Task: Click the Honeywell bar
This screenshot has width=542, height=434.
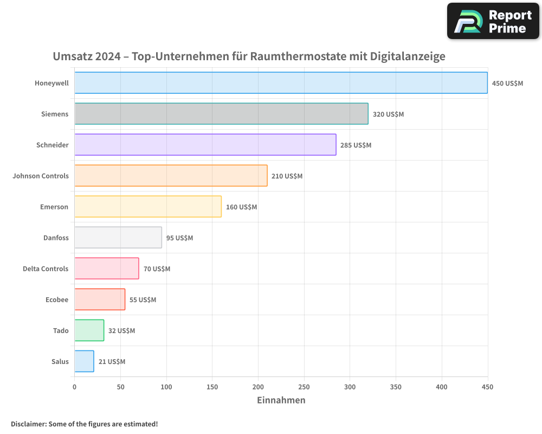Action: pos(281,83)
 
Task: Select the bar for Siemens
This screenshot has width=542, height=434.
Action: pos(221,114)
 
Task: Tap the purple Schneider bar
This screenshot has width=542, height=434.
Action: pos(205,145)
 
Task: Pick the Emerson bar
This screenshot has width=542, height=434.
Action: pos(148,207)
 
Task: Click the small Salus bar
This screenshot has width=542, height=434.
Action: pos(84,361)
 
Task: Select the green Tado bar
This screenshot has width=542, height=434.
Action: pos(89,330)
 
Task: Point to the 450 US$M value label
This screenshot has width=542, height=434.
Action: pos(507,84)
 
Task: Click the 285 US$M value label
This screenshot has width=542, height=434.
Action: pos(356,145)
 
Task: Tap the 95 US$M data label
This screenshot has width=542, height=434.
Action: pos(179,238)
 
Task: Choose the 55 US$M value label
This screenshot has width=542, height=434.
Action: pos(143,300)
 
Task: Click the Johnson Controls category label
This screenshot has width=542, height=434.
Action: pos(41,176)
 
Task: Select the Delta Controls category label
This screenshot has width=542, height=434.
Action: pos(46,269)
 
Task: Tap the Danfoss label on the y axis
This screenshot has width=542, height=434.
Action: pos(56,238)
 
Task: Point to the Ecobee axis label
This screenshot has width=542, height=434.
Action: pos(57,299)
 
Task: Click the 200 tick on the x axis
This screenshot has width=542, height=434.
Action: pos(258,387)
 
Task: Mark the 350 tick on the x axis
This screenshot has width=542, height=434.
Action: pos(396,387)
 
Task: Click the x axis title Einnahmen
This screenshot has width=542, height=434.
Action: pos(281,400)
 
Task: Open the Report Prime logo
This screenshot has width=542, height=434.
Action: pos(493,21)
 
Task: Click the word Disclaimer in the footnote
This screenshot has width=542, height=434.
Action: pos(28,424)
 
